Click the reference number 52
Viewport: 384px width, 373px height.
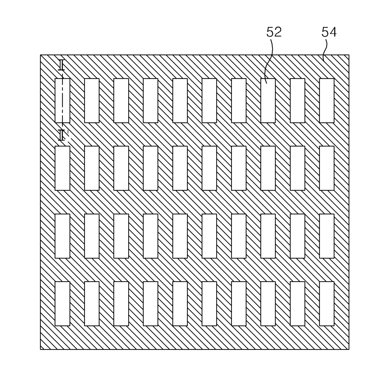(x=274, y=32)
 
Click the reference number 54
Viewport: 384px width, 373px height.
(x=329, y=32)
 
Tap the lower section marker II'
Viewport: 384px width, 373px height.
(x=63, y=135)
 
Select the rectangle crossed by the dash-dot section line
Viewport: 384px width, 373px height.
(x=62, y=100)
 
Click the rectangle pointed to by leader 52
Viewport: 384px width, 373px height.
(x=268, y=100)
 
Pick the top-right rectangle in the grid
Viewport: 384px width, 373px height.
(x=327, y=100)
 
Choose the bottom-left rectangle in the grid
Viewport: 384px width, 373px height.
(x=62, y=303)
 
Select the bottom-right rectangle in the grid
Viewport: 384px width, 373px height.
(x=327, y=303)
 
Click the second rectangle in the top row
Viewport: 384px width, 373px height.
(x=92, y=100)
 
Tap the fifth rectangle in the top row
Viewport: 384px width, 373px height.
(x=180, y=100)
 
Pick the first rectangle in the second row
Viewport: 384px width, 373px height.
(x=62, y=168)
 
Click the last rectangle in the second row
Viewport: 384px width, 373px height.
(x=327, y=168)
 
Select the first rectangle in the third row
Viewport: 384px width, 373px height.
(x=62, y=236)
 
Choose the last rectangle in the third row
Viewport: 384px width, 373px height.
(x=327, y=236)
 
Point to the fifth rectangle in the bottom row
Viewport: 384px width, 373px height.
(x=180, y=303)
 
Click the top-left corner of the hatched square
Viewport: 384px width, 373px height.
(x=41, y=55)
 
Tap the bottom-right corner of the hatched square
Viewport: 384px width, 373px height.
(x=349, y=349)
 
